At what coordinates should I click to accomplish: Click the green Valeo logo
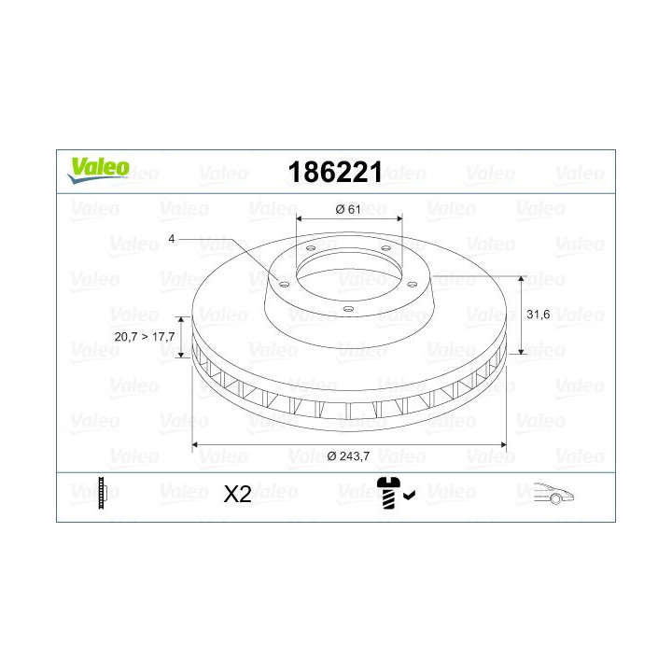pyautogui.click(x=96, y=168)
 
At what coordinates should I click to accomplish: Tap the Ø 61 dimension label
pyautogui.click(x=348, y=209)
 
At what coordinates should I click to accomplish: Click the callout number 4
pyautogui.click(x=172, y=239)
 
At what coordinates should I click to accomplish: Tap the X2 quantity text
pyautogui.click(x=238, y=494)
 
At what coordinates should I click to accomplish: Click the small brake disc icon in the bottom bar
pyautogui.click(x=104, y=493)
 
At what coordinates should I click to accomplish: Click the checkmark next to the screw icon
pyautogui.click(x=408, y=497)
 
